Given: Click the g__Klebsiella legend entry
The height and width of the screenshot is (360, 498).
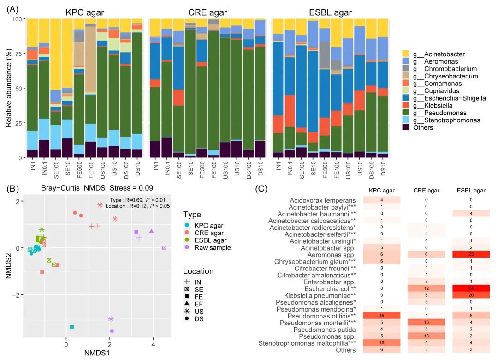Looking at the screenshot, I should point(438,106).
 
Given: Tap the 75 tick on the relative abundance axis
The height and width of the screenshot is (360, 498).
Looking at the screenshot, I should point(18,54).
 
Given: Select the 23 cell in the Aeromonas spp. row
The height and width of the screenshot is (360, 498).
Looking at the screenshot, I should point(469,254).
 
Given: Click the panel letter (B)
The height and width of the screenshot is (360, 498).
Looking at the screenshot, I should point(12,188).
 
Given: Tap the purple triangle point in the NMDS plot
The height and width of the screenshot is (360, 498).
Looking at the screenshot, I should point(152,231).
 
